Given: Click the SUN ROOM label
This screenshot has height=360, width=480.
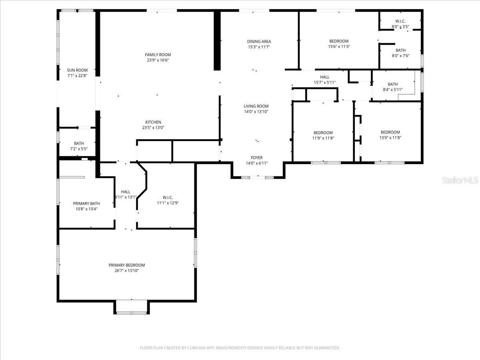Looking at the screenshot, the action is [x=77, y=70].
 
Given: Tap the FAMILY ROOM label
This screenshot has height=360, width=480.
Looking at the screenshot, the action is [x=158, y=55].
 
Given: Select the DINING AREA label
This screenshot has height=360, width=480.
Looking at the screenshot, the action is [x=259, y=41].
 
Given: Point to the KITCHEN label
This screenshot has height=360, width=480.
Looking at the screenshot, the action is [x=153, y=122].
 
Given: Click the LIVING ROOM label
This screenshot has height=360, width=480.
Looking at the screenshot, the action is [x=256, y=106].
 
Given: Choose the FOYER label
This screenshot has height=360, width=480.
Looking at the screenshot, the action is [x=257, y=158].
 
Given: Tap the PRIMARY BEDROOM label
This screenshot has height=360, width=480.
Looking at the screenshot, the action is [x=127, y=265].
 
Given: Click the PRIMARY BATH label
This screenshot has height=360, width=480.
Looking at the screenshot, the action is [x=86, y=204].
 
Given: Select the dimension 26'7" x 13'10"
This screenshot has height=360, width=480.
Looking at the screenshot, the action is [x=127, y=271].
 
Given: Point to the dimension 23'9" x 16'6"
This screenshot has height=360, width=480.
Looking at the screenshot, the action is [x=158, y=60].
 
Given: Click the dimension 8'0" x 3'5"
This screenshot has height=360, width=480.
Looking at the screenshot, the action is [x=400, y=27].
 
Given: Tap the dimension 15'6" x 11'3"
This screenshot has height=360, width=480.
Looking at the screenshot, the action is [x=339, y=46].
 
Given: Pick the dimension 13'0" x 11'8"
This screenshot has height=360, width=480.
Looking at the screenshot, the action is [x=390, y=138].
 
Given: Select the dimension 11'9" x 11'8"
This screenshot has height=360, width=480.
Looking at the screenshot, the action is [x=323, y=138].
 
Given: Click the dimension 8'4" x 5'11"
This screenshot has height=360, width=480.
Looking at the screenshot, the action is [x=393, y=90].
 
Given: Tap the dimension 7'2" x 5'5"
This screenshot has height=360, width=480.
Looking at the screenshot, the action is [x=79, y=149].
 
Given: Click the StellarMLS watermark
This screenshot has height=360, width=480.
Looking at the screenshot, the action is [x=460, y=180].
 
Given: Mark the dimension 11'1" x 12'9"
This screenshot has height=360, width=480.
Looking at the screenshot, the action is [x=168, y=203].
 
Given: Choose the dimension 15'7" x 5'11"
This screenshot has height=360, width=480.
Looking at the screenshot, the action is [x=325, y=82].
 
